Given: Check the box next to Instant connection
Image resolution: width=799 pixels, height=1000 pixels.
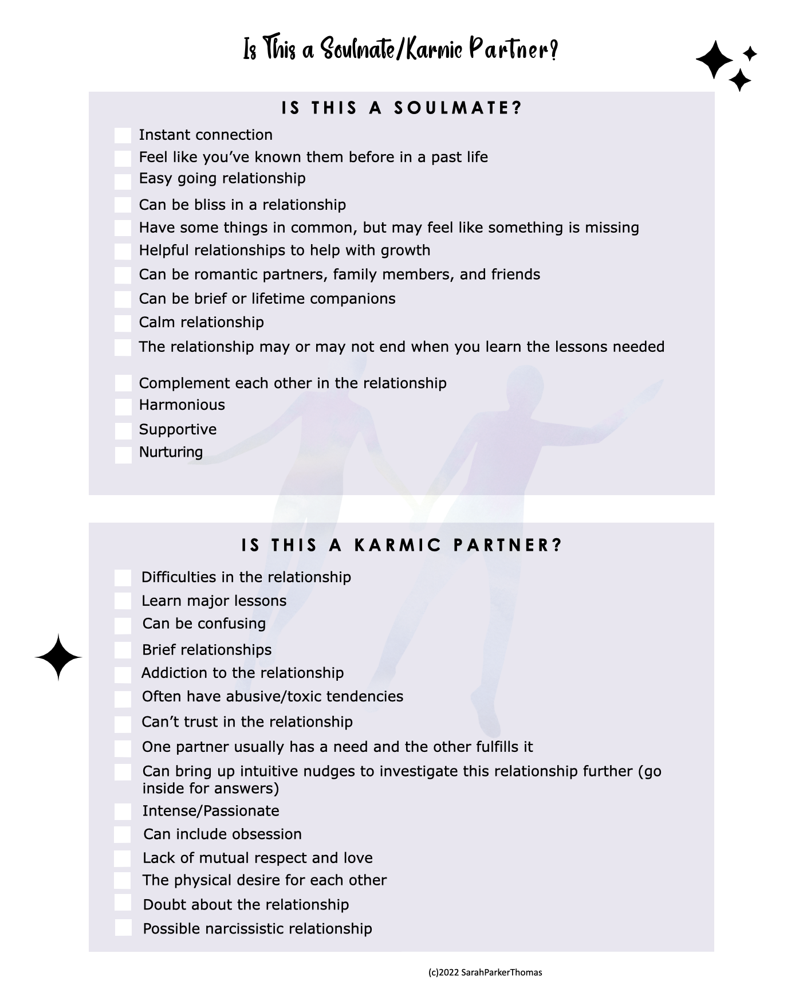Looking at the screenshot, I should (x=123, y=136).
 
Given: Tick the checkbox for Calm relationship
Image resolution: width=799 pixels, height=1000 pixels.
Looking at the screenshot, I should (x=123, y=323).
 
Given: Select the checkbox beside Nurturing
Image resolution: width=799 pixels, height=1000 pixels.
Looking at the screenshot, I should (x=123, y=455).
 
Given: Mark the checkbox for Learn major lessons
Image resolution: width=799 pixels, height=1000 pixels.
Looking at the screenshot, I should (x=123, y=601).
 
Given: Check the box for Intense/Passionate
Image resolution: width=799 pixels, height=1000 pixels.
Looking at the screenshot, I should (x=123, y=811).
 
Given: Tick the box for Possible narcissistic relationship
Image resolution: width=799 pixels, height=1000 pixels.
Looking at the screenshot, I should (x=123, y=928).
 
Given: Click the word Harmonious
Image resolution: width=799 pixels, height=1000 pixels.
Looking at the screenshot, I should (x=182, y=405).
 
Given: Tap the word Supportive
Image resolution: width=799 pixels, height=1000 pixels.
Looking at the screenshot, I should (x=178, y=429).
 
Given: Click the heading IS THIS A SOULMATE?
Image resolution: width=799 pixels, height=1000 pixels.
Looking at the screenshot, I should (x=402, y=108).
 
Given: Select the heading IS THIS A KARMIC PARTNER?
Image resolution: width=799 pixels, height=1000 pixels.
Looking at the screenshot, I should (x=402, y=544).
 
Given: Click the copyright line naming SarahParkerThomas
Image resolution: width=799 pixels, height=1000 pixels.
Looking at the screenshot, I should (x=485, y=972).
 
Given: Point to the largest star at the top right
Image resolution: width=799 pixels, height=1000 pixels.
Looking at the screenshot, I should (x=714, y=60).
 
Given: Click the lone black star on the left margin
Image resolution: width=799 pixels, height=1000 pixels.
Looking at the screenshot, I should (x=58, y=657).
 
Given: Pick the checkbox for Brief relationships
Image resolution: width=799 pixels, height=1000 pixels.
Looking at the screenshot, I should (x=123, y=650).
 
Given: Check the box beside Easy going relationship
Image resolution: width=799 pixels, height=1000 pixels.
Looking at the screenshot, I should (x=123, y=182).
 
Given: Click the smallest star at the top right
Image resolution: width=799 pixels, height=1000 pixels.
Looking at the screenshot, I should (x=750, y=54).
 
